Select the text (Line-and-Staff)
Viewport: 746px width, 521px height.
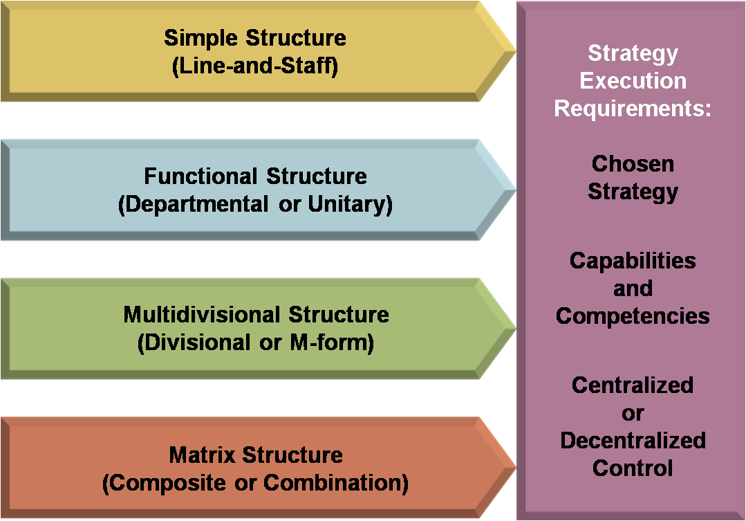(x=254, y=68)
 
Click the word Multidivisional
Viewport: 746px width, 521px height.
(x=203, y=315)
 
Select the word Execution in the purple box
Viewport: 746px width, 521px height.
(x=633, y=81)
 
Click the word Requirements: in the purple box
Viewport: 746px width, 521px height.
(x=633, y=109)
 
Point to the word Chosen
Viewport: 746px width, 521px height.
(x=633, y=164)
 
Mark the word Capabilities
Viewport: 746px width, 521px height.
(x=633, y=261)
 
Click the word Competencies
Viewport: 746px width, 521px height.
(x=633, y=316)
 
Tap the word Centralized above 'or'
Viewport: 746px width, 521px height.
(x=633, y=385)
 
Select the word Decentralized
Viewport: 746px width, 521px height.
(x=633, y=441)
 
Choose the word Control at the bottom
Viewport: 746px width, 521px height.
(x=633, y=468)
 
